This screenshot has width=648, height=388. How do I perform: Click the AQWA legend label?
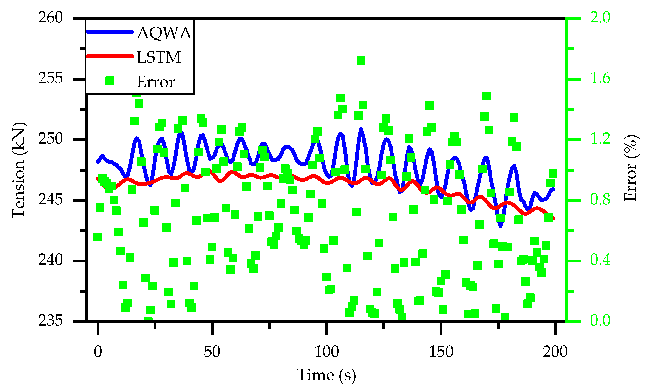164,33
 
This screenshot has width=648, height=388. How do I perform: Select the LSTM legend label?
158,57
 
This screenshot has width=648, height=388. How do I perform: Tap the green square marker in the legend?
110,81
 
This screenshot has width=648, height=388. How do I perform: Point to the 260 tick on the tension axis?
51,18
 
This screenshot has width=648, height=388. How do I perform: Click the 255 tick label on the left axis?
51,78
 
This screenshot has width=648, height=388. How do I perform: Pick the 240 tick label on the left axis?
51,260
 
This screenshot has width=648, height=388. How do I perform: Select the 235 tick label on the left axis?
51,321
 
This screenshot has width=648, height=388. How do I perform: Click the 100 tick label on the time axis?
326,352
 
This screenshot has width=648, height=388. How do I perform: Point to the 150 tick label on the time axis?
441,352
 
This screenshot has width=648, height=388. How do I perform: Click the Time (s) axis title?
326,375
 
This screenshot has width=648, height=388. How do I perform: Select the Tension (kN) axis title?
19,170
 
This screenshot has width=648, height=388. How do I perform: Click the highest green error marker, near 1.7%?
361,60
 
